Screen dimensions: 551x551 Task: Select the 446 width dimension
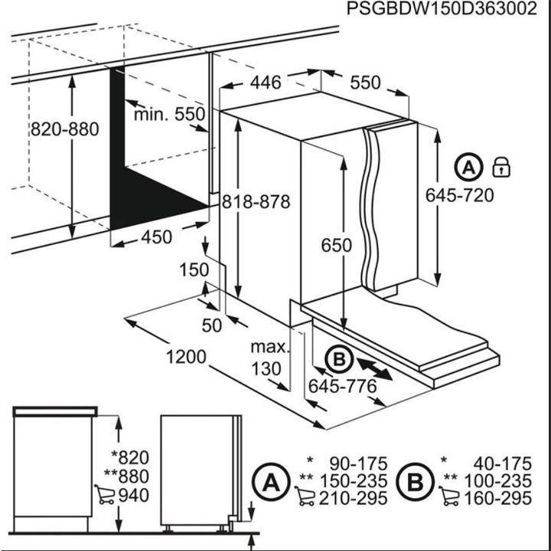(x=264, y=82)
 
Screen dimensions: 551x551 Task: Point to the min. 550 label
(x=170, y=115)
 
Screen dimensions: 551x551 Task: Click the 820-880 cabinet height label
(x=64, y=129)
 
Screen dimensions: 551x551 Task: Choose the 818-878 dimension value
(x=256, y=202)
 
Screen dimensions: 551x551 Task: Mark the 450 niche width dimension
(x=155, y=238)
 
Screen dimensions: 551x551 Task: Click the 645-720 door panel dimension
(x=459, y=195)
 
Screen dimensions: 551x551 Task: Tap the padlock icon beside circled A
(x=501, y=166)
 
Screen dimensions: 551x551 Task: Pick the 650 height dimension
(x=337, y=246)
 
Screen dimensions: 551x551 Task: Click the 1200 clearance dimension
(x=186, y=357)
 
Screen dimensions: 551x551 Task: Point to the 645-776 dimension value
(x=342, y=387)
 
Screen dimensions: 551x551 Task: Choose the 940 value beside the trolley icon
(x=134, y=495)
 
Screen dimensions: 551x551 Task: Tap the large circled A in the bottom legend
(x=269, y=481)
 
